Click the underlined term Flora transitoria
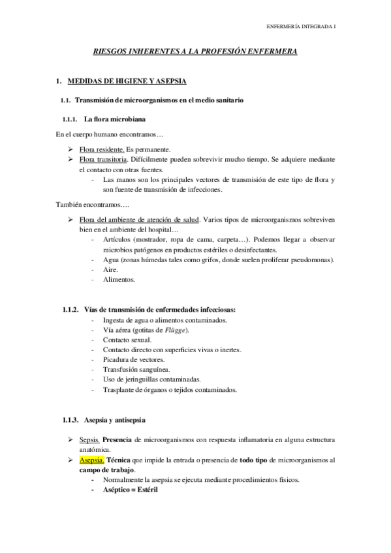[x=103, y=159]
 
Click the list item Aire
[x=110, y=269]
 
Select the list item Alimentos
[x=118, y=279]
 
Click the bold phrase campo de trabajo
[x=107, y=470]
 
